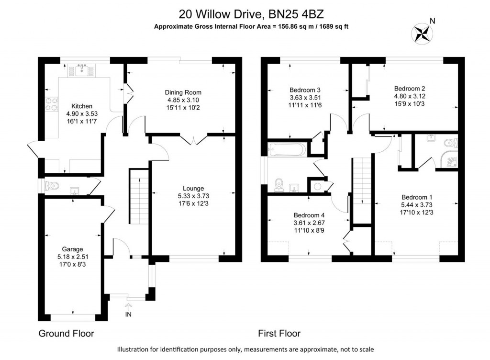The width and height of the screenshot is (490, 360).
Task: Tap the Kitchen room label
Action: point(81,106)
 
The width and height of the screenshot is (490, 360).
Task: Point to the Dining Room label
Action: point(183,92)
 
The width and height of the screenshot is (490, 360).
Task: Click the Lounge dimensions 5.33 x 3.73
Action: point(193,195)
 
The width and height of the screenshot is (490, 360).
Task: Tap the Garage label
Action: point(72,249)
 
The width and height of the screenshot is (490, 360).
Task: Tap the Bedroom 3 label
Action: point(305,90)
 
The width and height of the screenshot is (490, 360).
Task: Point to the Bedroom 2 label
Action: point(410,89)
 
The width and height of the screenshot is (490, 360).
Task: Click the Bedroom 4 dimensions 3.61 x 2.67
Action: point(309,222)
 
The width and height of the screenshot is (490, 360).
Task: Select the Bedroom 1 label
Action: point(417,197)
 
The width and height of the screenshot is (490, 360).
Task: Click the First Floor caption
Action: point(279,333)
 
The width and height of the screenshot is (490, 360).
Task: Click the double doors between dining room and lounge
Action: point(193,139)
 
